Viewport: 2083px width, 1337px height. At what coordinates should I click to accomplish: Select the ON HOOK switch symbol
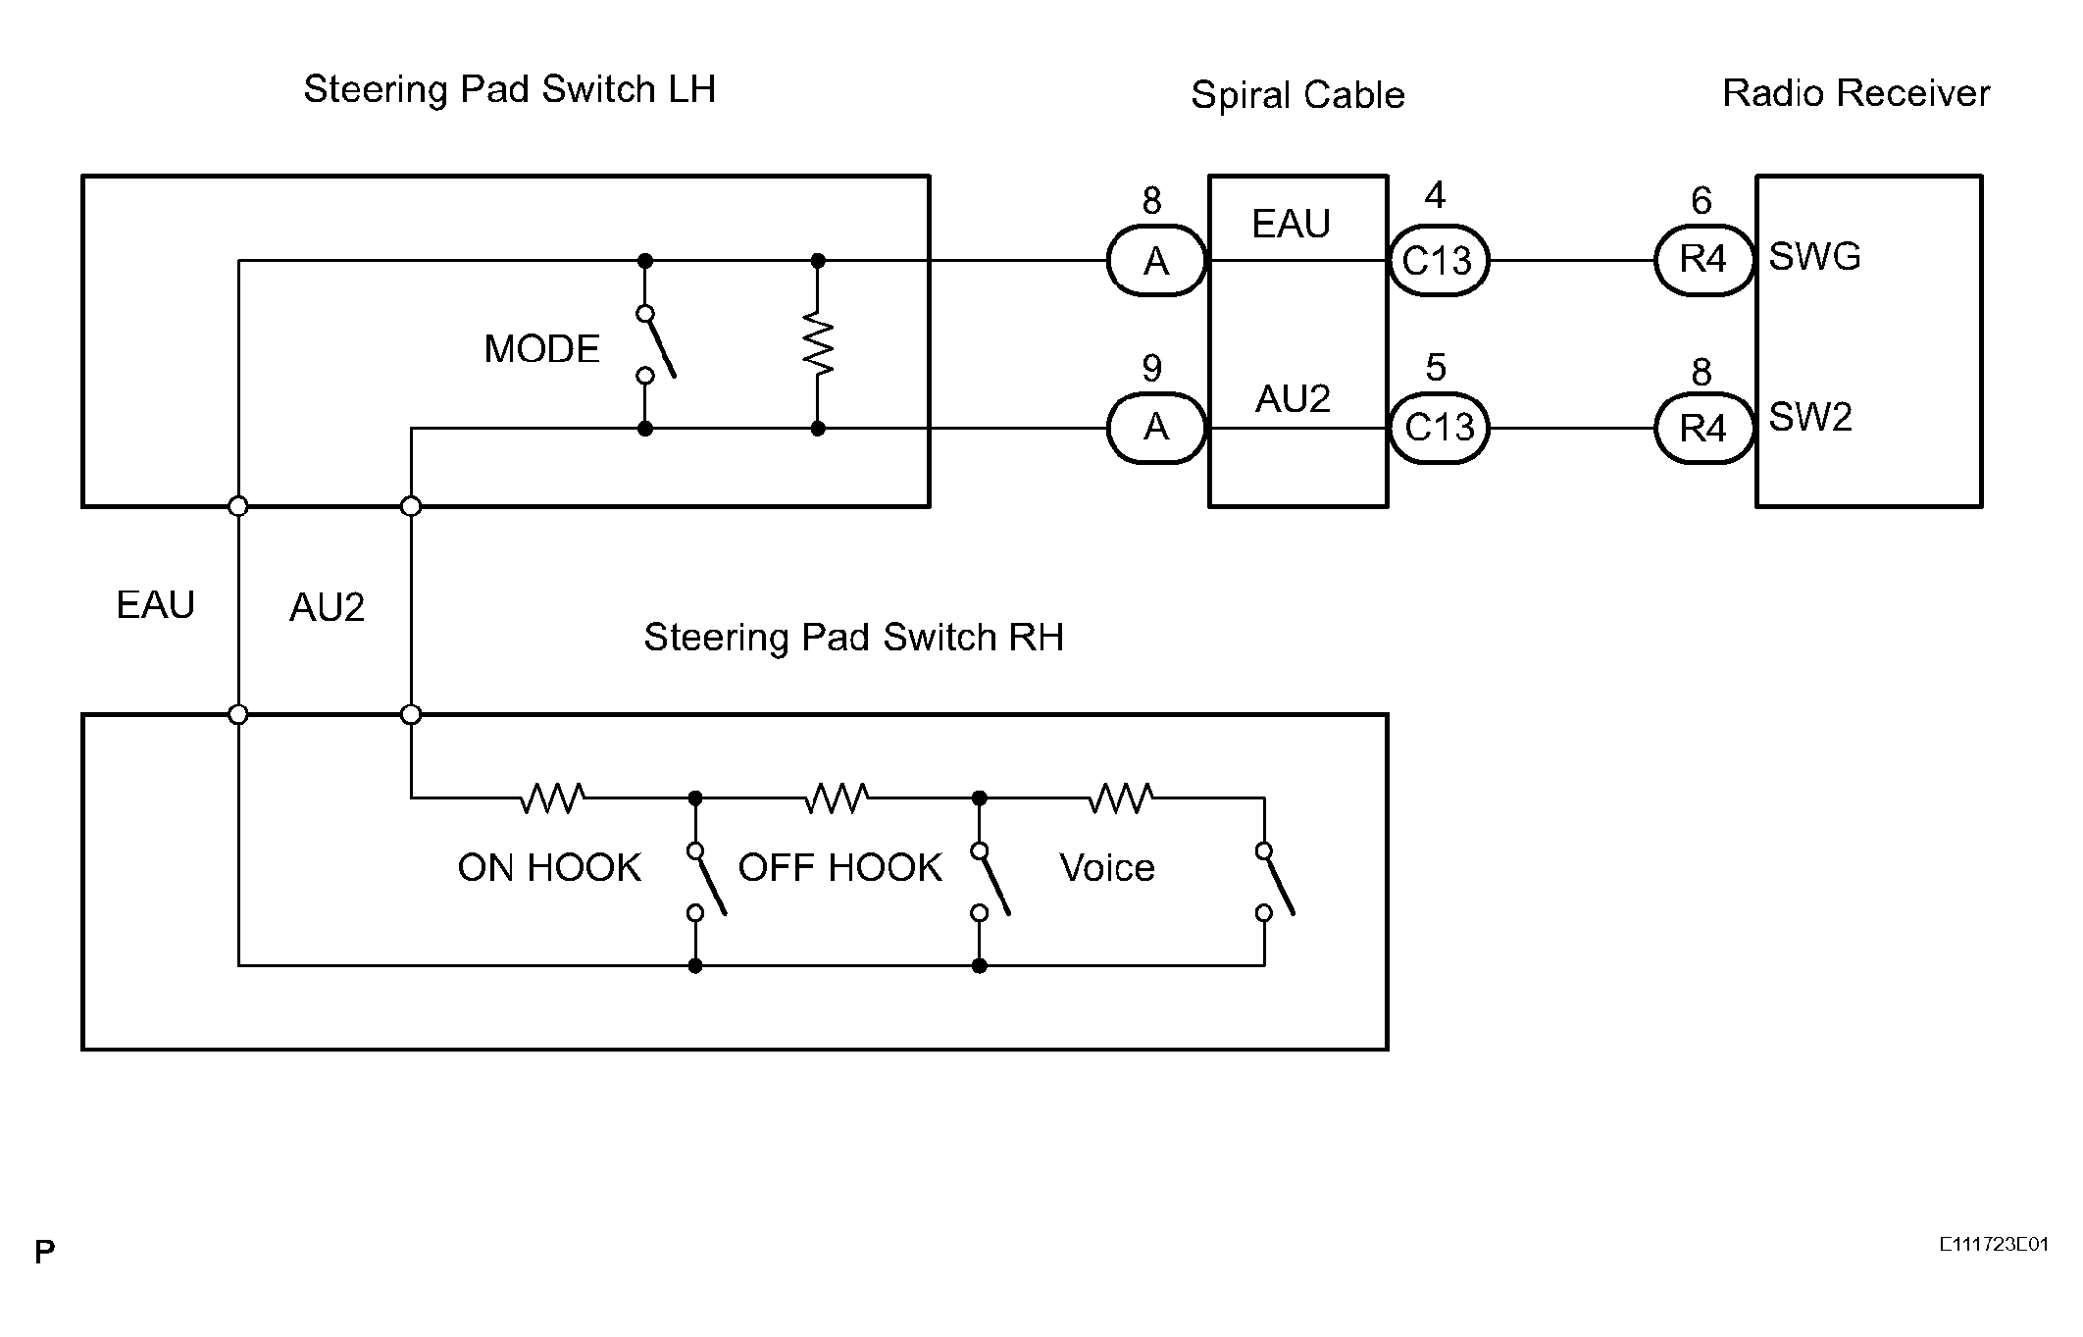click(707, 882)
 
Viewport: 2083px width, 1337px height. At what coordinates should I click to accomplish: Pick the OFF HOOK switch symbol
click(991, 882)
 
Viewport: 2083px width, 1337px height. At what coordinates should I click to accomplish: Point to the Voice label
click(1107, 868)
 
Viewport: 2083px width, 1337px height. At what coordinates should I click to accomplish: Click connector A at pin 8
click(1156, 261)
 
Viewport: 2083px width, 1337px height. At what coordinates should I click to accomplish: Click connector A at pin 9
click(1156, 428)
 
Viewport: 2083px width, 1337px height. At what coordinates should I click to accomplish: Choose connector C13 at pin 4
click(1438, 261)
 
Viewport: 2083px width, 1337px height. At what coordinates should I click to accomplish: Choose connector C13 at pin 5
click(1438, 428)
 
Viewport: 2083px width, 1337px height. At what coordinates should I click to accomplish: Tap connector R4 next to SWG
click(1703, 260)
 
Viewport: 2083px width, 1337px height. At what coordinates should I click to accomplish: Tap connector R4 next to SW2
click(1703, 428)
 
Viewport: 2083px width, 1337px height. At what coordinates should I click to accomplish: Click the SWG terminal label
click(1814, 257)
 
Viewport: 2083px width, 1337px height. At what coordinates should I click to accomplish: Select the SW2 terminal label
click(1810, 418)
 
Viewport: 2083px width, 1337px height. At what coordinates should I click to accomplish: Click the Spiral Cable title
click(1297, 95)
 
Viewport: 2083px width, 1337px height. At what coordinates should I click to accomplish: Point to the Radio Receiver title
click(1855, 93)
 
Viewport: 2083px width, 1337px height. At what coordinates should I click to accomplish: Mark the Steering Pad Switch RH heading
click(853, 638)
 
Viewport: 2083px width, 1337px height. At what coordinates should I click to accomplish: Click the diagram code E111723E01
click(1993, 1245)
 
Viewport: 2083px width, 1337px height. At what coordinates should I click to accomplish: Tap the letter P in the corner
click(45, 1253)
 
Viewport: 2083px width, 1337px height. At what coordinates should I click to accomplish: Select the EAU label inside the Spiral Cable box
click(1291, 225)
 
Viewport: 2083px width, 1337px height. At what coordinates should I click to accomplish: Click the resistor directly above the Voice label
click(1121, 798)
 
